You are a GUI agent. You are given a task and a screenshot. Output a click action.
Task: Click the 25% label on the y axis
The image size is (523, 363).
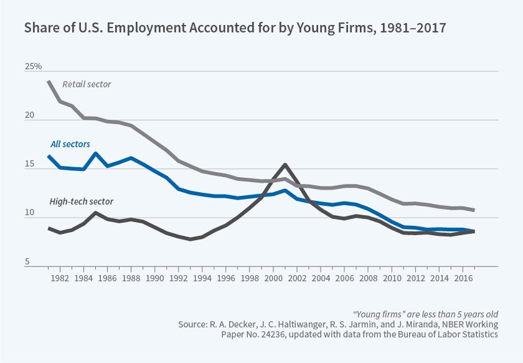(x=33, y=66)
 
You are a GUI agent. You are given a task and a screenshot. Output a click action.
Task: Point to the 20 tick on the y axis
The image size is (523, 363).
(x=30, y=117)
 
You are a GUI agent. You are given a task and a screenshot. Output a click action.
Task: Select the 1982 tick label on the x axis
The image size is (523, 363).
(x=60, y=276)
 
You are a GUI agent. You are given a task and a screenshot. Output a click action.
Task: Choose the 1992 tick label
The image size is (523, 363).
(x=176, y=276)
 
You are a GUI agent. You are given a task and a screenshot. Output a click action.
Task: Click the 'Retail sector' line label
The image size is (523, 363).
(x=87, y=84)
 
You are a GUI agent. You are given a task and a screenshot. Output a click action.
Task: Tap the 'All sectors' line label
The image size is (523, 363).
(x=70, y=144)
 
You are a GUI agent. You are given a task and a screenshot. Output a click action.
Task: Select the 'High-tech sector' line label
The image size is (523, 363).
(x=81, y=201)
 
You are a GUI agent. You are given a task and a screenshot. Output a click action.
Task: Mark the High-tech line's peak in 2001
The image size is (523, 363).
(x=285, y=165)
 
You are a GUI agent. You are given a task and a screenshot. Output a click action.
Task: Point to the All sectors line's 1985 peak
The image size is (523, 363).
(x=95, y=153)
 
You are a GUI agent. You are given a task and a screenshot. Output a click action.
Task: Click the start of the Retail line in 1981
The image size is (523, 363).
(x=49, y=82)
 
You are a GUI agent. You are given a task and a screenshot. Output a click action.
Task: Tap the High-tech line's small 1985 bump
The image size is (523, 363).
(x=95, y=213)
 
